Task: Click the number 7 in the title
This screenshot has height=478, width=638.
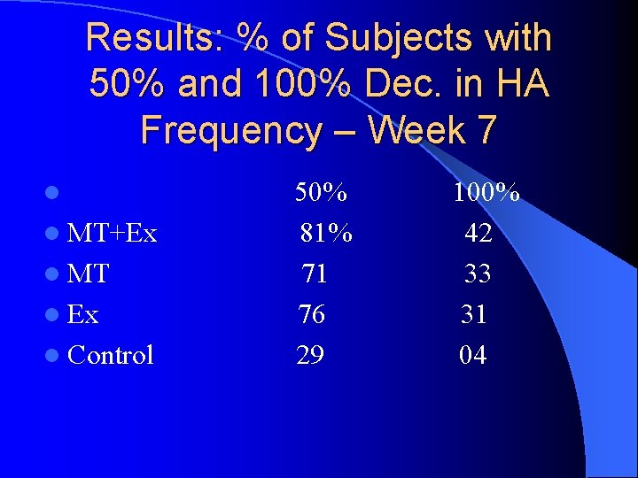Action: click(x=486, y=130)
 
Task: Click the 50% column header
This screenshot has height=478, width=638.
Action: click(x=321, y=193)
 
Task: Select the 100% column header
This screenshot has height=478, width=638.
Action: click(x=486, y=193)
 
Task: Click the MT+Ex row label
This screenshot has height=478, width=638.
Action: click(x=112, y=234)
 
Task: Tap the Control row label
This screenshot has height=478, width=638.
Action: click(x=110, y=355)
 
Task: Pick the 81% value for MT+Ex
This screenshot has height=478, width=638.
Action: click(x=326, y=234)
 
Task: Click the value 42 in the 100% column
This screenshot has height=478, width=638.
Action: click(x=478, y=234)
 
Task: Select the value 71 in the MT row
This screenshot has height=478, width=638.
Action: click(x=315, y=274)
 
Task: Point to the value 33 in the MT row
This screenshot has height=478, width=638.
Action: click(x=478, y=274)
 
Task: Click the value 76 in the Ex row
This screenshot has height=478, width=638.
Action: click(x=310, y=314)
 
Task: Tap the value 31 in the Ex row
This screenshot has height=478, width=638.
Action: click(x=473, y=314)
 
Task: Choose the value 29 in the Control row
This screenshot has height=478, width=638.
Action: click(x=309, y=355)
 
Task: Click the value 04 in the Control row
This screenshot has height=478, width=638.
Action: click(x=472, y=355)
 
